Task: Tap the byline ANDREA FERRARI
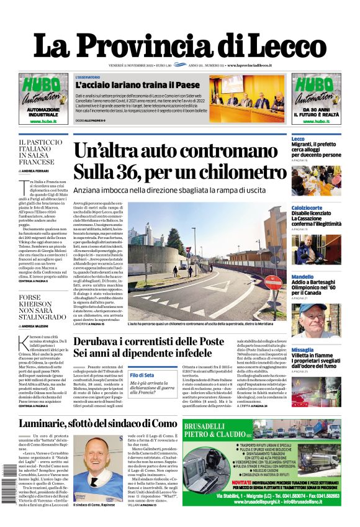pos(37,171)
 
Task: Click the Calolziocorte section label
pos(308,207)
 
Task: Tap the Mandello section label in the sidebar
pos(302,276)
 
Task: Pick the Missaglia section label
pos(302,349)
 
